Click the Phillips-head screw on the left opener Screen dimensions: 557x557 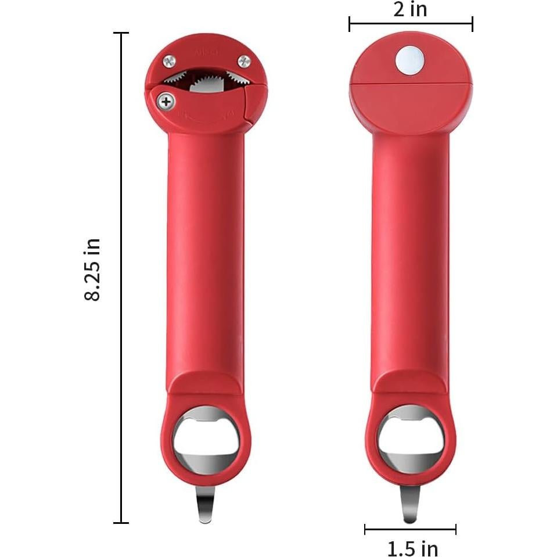coord(167,102)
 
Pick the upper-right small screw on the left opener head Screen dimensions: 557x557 coord(245,60)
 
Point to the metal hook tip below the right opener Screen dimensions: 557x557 coord(409,511)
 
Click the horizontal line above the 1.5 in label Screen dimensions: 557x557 coord(410,529)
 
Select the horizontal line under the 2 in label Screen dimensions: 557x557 coord(410,24)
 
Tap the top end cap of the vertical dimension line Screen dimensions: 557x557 coord(121,33)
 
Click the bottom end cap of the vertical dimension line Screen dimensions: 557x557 coord(121,523)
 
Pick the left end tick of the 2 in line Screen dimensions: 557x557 coord(350,24)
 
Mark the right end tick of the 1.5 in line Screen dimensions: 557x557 coord(455,529)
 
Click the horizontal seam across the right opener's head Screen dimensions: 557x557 coord(410,84)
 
